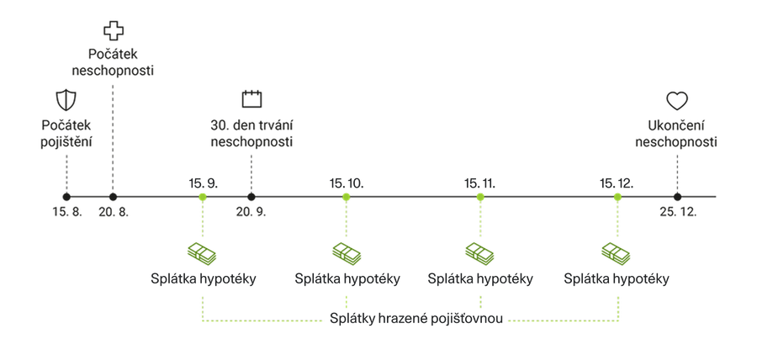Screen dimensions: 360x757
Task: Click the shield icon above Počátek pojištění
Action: [x=65, y=100]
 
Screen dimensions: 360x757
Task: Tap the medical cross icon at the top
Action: [x=112, y=32]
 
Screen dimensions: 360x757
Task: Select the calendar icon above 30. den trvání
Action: [x=251, y=98]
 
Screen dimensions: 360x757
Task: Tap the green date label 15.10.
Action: [x=345, y=183]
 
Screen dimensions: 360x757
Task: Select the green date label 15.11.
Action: [x=480, y=183]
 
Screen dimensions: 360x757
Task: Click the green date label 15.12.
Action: [x=617, y=183]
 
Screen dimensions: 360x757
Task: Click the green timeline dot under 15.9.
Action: [x=202, y=197]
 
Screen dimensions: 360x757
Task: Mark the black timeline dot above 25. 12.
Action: [x=677, y=197]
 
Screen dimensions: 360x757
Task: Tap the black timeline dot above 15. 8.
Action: [x=66, y=197]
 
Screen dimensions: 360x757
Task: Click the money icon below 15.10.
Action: [x=345, y=251]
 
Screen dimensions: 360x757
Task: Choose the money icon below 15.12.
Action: [x=617, y=251]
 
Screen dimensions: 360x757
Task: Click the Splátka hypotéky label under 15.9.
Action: [x=202, y=278]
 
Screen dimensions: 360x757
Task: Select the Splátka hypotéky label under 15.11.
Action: [x=480, y=278]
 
